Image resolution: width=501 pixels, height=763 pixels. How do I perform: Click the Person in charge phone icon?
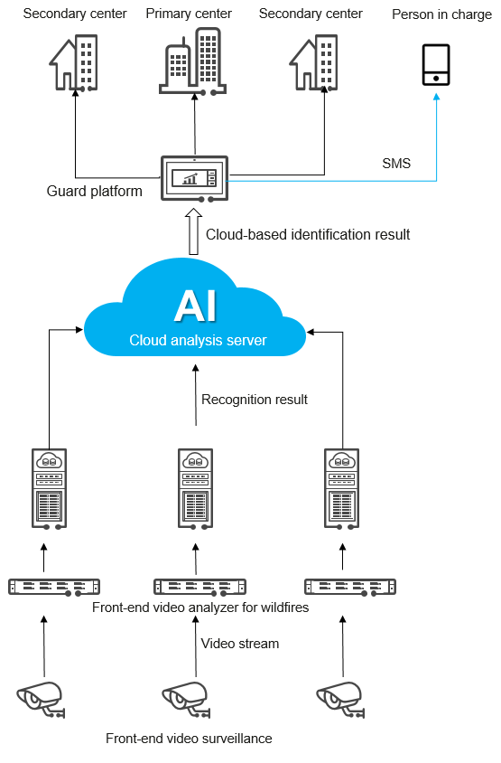(436, 65)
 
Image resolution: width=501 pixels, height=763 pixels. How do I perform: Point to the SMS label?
(396, 164)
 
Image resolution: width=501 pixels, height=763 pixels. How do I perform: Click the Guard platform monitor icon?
(194, 179)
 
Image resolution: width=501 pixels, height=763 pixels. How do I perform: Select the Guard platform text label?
(95, 192)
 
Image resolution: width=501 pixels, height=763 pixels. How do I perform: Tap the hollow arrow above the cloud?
(193, 232)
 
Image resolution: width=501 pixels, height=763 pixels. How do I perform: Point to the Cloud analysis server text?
(198, 341)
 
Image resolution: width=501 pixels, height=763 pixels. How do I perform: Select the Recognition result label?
(255, 400)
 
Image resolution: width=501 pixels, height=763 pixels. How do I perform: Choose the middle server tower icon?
(195, 487)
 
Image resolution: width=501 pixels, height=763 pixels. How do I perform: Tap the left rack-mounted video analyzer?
(54, 586)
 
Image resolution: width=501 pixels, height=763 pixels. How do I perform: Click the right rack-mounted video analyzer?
(349, 586)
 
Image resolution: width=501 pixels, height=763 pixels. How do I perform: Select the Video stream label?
(239, 644)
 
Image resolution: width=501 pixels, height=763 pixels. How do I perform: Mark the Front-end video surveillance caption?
(189, 739)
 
